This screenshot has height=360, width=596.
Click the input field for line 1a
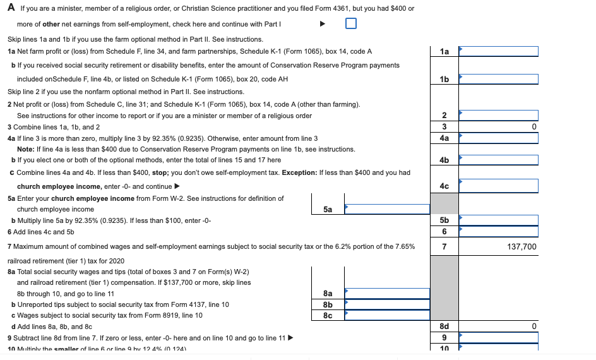(x=498, y=51)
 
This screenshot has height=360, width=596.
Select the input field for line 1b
(x=498, y=79)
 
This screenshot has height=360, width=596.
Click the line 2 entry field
(x=498, y=116)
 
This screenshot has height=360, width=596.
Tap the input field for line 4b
(x=498, y=160)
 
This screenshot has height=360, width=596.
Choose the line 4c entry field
(x=498, y=186)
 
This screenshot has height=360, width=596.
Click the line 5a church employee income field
(x=386, y=209)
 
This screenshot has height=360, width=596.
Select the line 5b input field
(x=498, y=220)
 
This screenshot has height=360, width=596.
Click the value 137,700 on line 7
(x=521, y=247)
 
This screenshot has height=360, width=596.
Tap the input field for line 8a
(x=386, y=293)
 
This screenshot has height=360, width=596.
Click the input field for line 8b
(x=386, y=304)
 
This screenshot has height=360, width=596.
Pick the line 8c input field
(x=386, y=315)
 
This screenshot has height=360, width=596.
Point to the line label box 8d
(x=444, y=327)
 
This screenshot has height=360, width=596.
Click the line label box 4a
(x=444, y=138)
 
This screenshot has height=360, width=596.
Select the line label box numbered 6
(x=444, y=232)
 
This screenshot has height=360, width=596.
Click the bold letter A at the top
(x=11, y=8)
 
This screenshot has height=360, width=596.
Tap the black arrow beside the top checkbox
(x=322, y=25)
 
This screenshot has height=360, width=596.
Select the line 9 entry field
(x=498, y=337)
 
